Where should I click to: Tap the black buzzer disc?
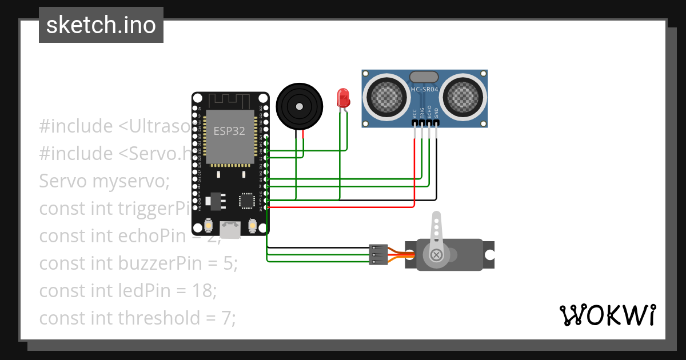(x=299, y=105)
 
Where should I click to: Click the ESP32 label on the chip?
(x=229, y=131)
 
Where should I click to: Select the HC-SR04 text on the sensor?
(x=425, y=89)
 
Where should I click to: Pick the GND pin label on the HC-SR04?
(x=436, y=114)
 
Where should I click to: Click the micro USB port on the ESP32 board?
(x=230, y=230)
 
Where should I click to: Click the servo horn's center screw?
(x=437, y=254)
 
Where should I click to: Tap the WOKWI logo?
(x=607, y=315)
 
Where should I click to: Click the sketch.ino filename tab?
(x=101, y=25)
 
